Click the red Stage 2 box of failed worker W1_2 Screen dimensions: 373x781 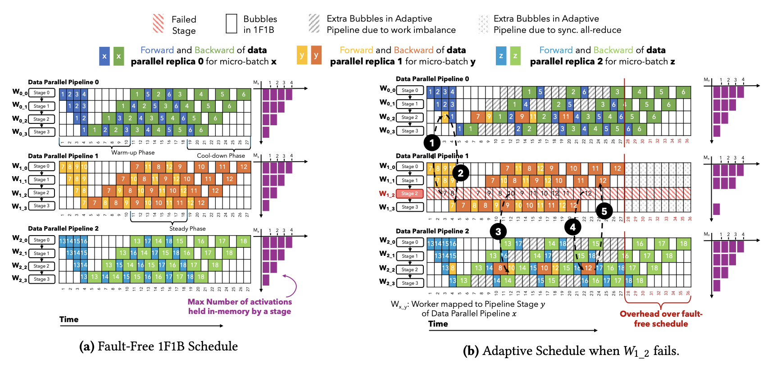coord(410,194)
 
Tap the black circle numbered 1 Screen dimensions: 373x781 coord(432,143)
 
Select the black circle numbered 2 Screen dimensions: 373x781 coord(460,173)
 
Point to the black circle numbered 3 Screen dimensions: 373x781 coord(498,232)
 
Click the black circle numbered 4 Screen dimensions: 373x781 coord(572,227)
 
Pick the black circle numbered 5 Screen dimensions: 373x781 coord(604,211)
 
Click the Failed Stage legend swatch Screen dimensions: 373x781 coord(158,23)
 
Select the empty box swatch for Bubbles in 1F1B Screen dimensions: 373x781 coord(231,23)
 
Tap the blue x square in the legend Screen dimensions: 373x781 coord(104,56)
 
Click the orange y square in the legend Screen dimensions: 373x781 coord(316,55)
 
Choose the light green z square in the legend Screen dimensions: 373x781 coord(515,56)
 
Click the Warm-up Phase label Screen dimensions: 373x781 coord(133,153)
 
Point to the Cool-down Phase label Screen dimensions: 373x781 coord(221,156)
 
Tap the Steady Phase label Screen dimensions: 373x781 coord(187,228)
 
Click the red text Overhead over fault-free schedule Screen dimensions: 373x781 coord(661,318)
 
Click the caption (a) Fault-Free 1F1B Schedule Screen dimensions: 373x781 coord(159,346)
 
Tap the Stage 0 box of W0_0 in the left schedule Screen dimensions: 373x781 coord(42,93)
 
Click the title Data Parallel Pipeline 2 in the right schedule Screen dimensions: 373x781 coord(432,231)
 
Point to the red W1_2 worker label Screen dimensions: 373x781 coord(387,194)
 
